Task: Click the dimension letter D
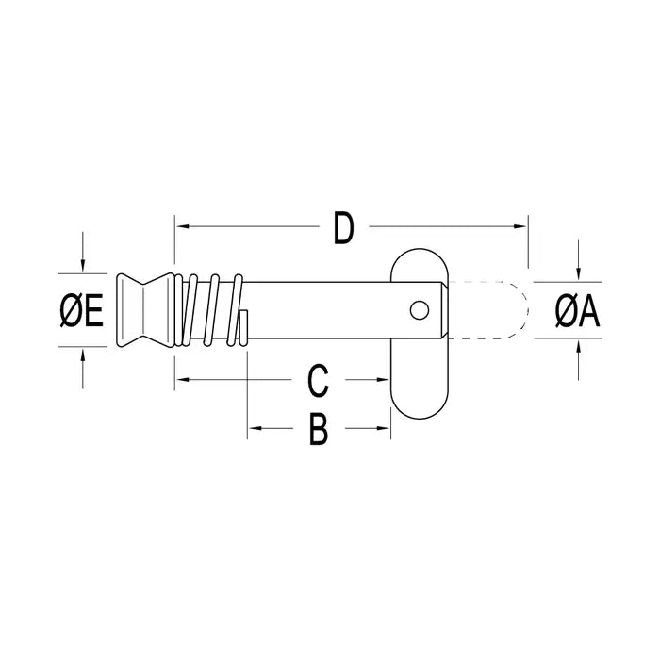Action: coord(343,229)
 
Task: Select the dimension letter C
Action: coord(319,382)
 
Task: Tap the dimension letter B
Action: coord(319,431)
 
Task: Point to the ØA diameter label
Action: coord(577,311)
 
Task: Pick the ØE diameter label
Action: coord(82,310)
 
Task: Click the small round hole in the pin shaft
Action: coord(418,309)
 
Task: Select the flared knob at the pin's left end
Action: coord(141,310)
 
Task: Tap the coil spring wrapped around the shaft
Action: coord(212,310)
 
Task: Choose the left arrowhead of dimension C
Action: coord(182,380)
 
